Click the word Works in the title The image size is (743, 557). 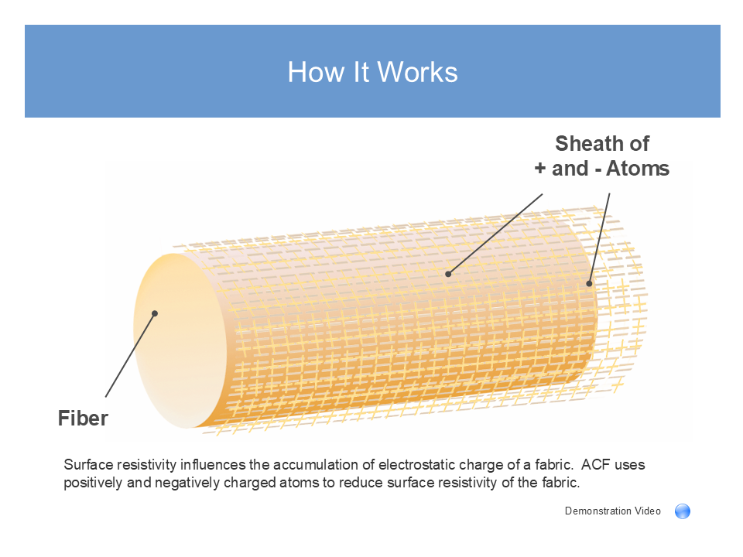coord(417,73)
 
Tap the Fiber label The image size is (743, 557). coord(83,419)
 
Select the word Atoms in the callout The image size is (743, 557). coord(637,169)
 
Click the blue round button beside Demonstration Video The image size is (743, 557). coord(683,511)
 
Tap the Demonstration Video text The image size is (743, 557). coord(613,511)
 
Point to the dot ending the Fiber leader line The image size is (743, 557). coord(155,313)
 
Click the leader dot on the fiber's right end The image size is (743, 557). coord(589,283)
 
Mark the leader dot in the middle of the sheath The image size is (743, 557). coord(448,274)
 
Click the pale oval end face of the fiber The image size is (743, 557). coord(180,341)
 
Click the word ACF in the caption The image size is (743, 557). coord(596,465)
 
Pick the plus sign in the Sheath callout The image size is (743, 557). coord(540,169)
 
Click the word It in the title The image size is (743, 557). coord(361,73)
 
